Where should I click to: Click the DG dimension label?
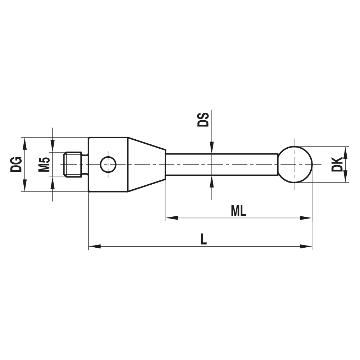(16, 165)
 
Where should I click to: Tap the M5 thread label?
(44, 165)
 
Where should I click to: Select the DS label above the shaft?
(203, 120)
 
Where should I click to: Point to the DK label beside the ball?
(337, 164)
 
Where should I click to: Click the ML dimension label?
(239, 211)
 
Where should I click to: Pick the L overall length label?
(204, 239)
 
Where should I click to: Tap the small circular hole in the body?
(108, 165)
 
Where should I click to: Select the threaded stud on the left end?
(73, 165)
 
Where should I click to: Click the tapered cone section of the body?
(147, 165)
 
